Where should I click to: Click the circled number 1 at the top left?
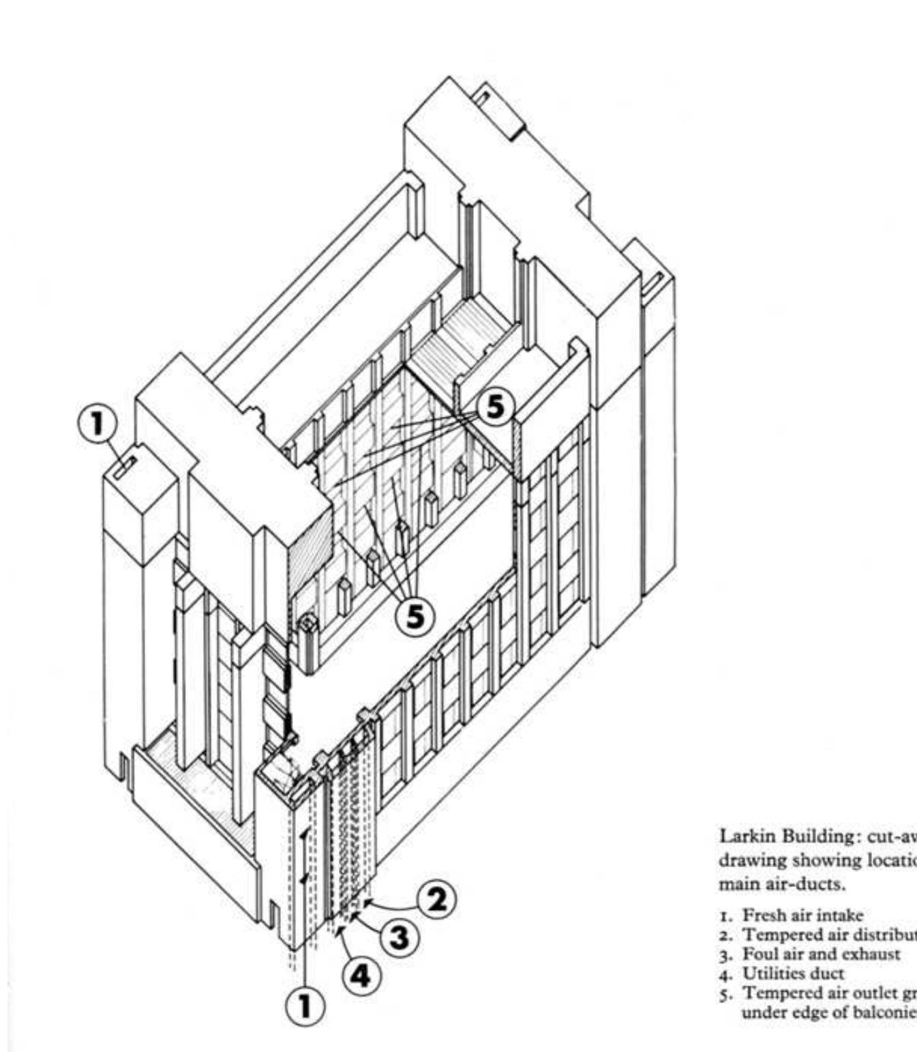pyautogui.click(x=97, y=424)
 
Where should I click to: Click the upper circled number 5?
pyautogui.click(x=494, y=407)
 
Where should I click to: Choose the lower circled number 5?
pyautogui.click(x=415, y=616)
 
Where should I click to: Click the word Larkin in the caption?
pyautogui.click(x=742, y=837)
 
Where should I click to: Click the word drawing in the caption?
pyautogui.click(x=744, y=861)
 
